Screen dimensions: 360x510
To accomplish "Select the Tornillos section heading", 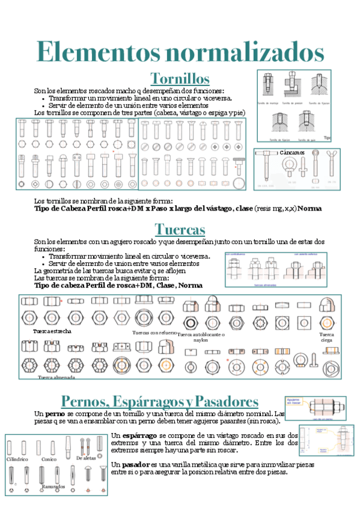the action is (180, 79).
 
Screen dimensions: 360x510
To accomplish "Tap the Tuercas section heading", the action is (180, 229).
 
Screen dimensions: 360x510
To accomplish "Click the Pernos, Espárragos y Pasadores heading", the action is (160, 401).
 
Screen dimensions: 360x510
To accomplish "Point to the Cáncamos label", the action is (291, 153).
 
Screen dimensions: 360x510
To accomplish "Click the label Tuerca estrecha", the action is (52, 331).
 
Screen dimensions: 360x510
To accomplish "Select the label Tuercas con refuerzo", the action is (154, 331).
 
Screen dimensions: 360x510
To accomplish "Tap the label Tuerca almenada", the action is (56, 378).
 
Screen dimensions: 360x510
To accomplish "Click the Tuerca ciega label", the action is (327, 337).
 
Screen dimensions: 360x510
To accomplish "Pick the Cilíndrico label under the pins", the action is (17, 459).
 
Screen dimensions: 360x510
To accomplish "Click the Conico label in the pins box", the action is (49, 459).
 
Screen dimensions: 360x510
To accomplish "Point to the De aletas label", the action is (86, 458).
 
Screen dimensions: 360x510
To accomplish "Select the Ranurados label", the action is (53, 486).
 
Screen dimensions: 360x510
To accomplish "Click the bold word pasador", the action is (138, 465).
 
